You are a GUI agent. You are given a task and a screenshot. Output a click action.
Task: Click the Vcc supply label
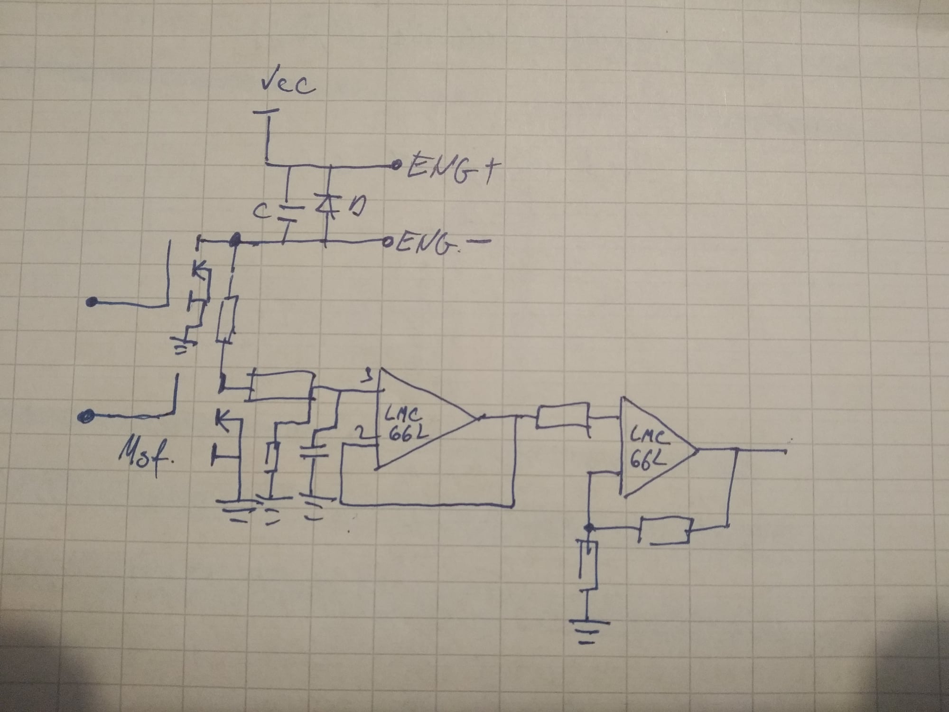coord(288,84)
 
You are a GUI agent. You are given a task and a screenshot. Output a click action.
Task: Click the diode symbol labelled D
coord(326,206)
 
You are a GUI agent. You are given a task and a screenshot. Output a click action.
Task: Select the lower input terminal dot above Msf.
coord(85,417)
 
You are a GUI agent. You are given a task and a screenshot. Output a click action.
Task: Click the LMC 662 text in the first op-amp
coord(403,425)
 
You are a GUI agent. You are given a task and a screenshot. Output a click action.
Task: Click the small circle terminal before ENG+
coord(394,166)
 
